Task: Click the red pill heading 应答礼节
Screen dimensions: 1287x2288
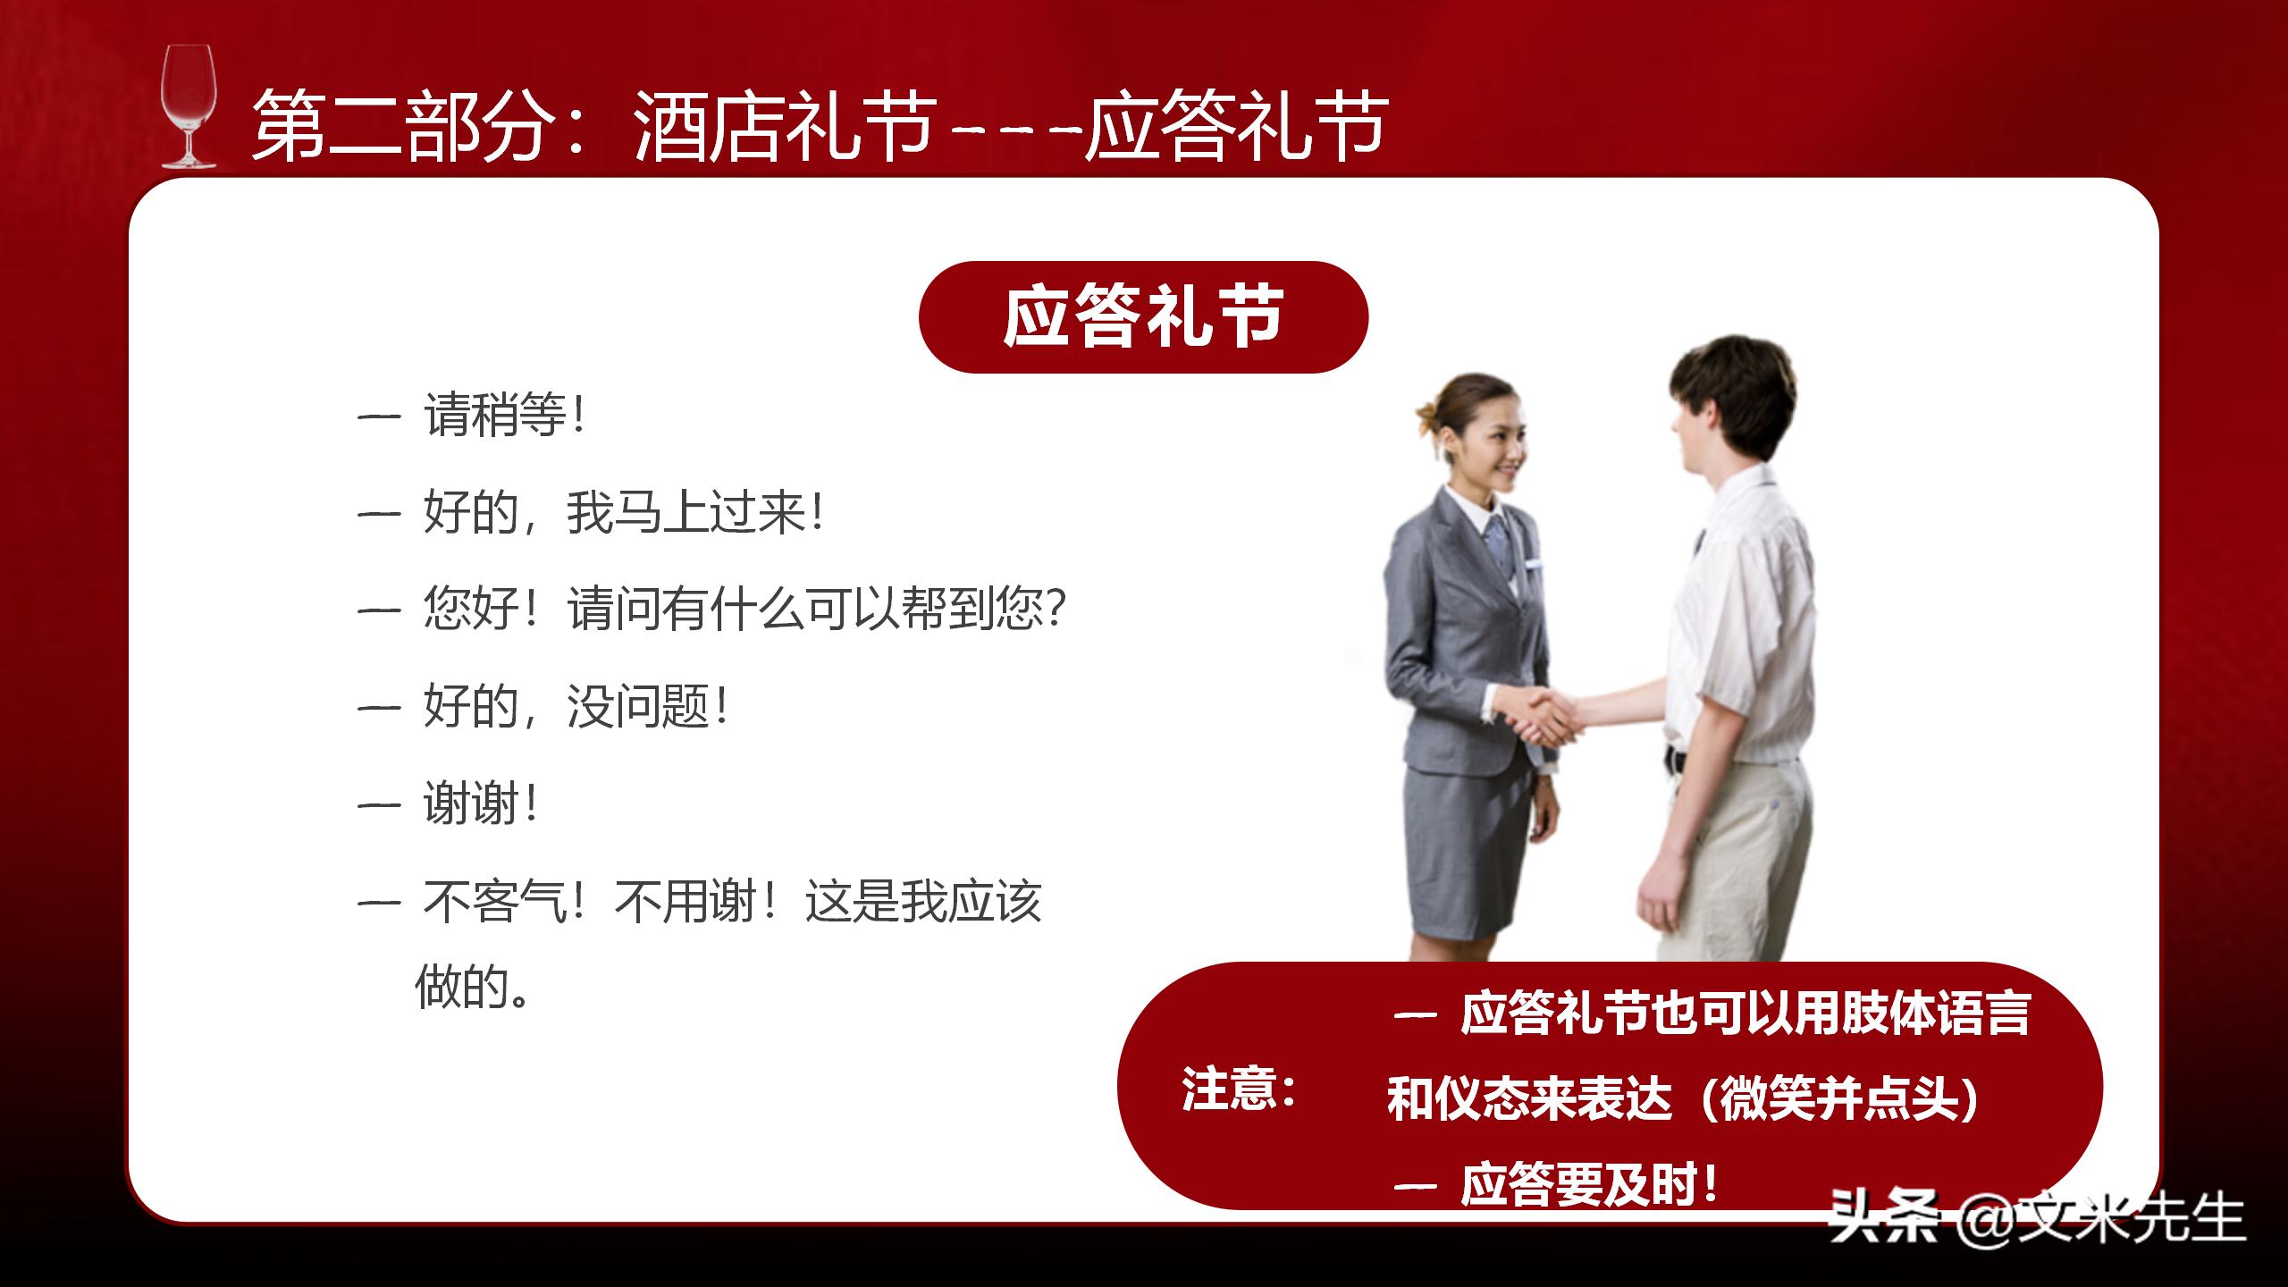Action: click(x=1143, y=317)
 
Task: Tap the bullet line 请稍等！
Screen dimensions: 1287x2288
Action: click(x=505, y=416)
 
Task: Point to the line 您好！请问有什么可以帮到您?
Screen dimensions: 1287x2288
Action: click(x=744, y=610)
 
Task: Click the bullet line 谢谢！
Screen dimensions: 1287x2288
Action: click(x=480, y=803)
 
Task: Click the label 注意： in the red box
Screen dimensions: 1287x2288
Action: click(x=1239, y=1089)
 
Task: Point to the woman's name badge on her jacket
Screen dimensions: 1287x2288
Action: click(x=1534, y=565)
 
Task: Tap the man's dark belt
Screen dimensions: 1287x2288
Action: click(x=1674, y=761)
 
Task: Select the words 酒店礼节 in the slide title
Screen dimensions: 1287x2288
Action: click(x=786, y=128)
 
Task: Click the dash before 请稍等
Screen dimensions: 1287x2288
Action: click(x=378, y=417)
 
